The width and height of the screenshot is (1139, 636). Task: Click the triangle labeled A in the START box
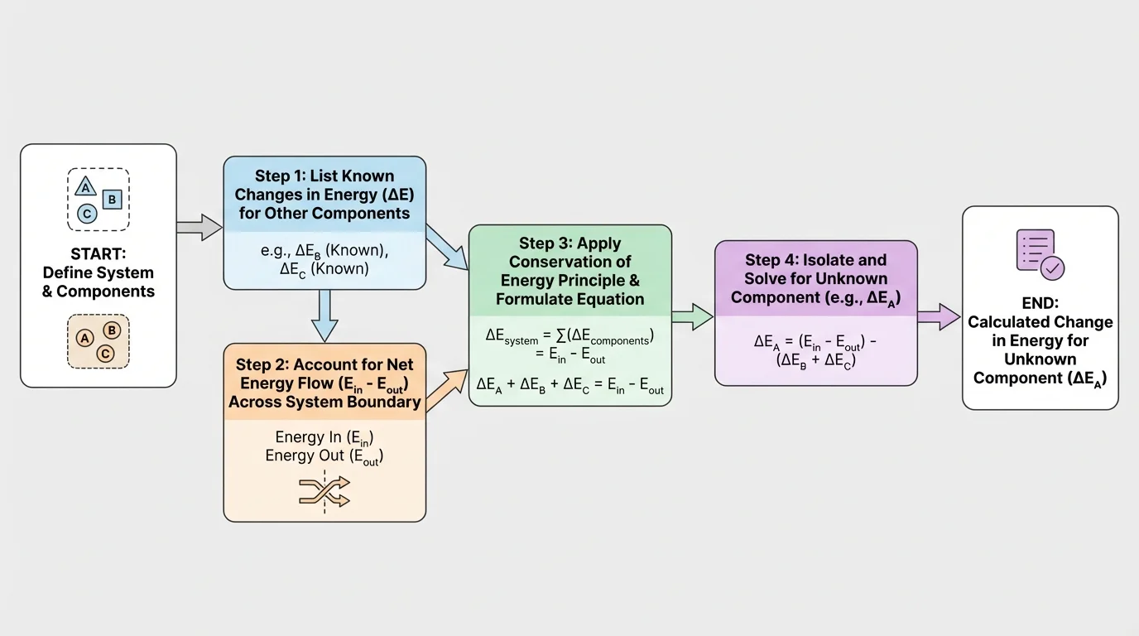pyautogui.click(x=84, y=186)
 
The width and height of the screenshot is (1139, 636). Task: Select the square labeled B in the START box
pyautogui.click(x=113, y=200)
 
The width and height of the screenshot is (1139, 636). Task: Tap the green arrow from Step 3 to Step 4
pyautogui.click(x=692, y=316)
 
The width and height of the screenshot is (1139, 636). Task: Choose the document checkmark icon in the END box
pyautogui.click(x=1040, y=254)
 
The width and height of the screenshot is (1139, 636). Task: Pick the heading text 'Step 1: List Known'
pyautogui.click(x=324, y=176)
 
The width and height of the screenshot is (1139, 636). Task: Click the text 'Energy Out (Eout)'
pyautogui.click(x=324, y=456)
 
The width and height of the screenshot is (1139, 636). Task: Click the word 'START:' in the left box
pyautogui.click(x=98, y=253)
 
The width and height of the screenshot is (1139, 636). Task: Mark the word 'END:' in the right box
pyautogui.click(x=1040, y=303)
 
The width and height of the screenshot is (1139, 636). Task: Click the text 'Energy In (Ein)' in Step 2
pyautogui.click(x=324, y=438)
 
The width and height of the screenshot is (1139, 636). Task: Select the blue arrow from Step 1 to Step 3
pyautogui.click(x=447, y=248)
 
